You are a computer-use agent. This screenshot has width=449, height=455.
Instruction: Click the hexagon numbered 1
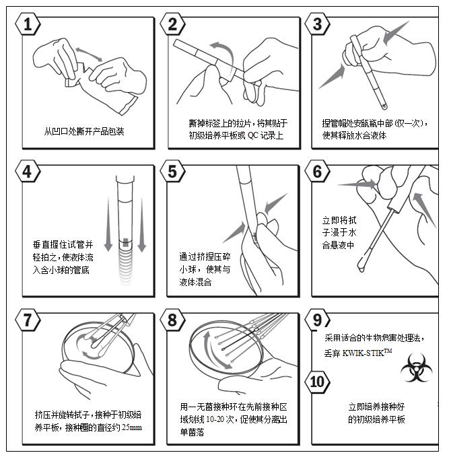coord(28,24)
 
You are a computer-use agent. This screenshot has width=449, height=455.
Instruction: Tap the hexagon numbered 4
coord(28,172)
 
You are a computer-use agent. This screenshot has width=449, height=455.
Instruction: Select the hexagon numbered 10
coord(318,382)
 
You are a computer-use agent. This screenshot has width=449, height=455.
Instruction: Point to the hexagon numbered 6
coord(318,172)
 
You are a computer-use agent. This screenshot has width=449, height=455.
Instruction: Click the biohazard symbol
coord(416,367)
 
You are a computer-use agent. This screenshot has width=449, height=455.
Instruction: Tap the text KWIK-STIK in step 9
coord(363,353)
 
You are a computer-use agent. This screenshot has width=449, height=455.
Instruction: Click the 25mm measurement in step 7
coord(132,427)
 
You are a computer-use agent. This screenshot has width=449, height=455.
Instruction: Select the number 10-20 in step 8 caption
coord(215,419)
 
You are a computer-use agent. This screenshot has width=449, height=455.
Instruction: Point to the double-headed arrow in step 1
coord(89,55)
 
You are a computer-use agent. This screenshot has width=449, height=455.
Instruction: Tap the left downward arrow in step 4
coord(108,224)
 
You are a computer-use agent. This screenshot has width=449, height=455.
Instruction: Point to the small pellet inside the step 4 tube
coord(125,242)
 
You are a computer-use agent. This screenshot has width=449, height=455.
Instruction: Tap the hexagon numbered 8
coord(172,320)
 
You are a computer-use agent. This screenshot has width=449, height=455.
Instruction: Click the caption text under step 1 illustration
coord(84,131)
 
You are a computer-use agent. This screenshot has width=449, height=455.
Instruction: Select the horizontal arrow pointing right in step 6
coord(357,184)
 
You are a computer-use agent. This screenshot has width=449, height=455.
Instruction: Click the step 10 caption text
coord(376,413)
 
